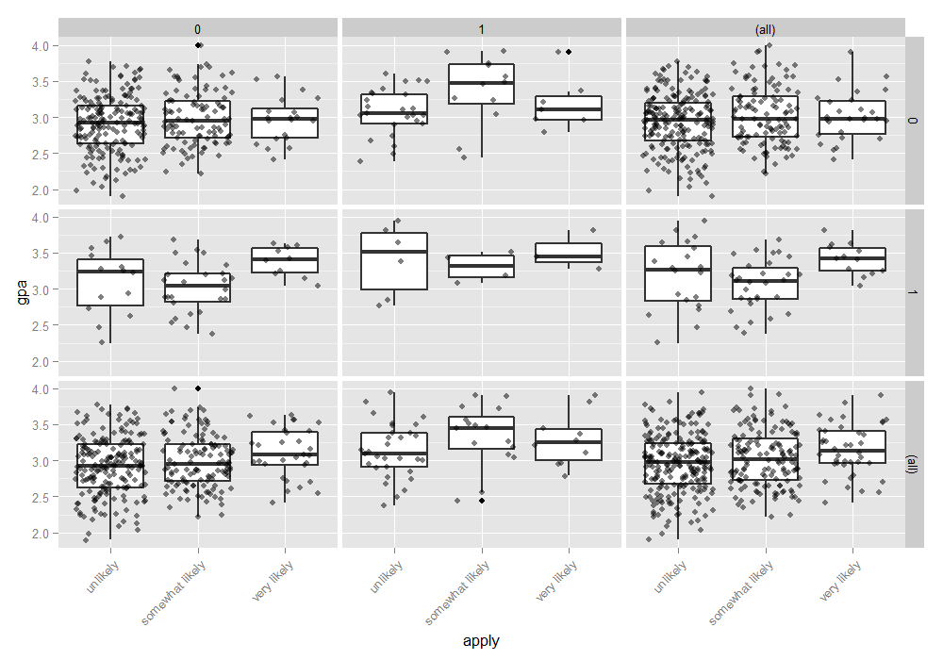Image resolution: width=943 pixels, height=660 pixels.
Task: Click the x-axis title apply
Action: [x=481, y=641]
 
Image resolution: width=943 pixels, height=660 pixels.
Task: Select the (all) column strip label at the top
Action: [x=765, y=29]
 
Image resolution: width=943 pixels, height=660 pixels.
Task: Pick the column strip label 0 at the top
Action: [x=198, y=29]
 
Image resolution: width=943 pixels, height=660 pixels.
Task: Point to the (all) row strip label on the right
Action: [x=913, y=464]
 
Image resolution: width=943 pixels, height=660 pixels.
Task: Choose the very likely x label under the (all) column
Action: [x=842, y=581]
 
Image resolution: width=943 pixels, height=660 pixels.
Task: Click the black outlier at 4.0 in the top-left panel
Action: [x=198, y=45]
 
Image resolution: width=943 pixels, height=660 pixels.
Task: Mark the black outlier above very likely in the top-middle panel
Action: [x=569, y=52]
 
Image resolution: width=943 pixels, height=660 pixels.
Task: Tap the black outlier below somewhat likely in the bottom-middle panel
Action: [x=482, y=500]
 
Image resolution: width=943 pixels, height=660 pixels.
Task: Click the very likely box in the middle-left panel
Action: [x=285, y=261]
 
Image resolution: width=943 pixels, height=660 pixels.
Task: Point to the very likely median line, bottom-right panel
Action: [x=852, y=451]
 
